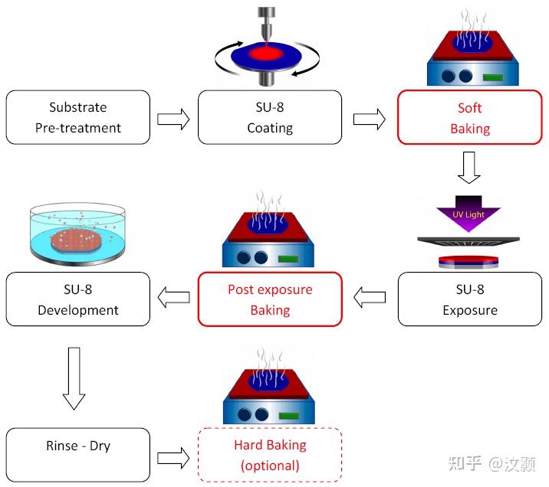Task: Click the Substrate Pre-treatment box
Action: click(x=78, y=117)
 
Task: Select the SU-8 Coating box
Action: click(x=270, y=117)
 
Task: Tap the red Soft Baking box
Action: click(x=469, y=117)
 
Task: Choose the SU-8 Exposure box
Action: click(x=469, y=299)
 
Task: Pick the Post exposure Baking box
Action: click(x=270, y=299)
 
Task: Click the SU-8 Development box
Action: click(x=78, y=299)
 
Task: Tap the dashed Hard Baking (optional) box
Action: click(x=270, y=455)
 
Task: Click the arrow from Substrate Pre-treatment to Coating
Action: click(x=173, y=119)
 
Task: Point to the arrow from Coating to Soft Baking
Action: click(x=369, y=119)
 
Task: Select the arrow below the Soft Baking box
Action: click(x=469, y=167)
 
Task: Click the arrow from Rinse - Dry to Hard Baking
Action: click(x=173, y=457)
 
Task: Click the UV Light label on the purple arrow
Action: click(x=468, y=214)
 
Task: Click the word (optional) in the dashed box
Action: click(x=270, y=465)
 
